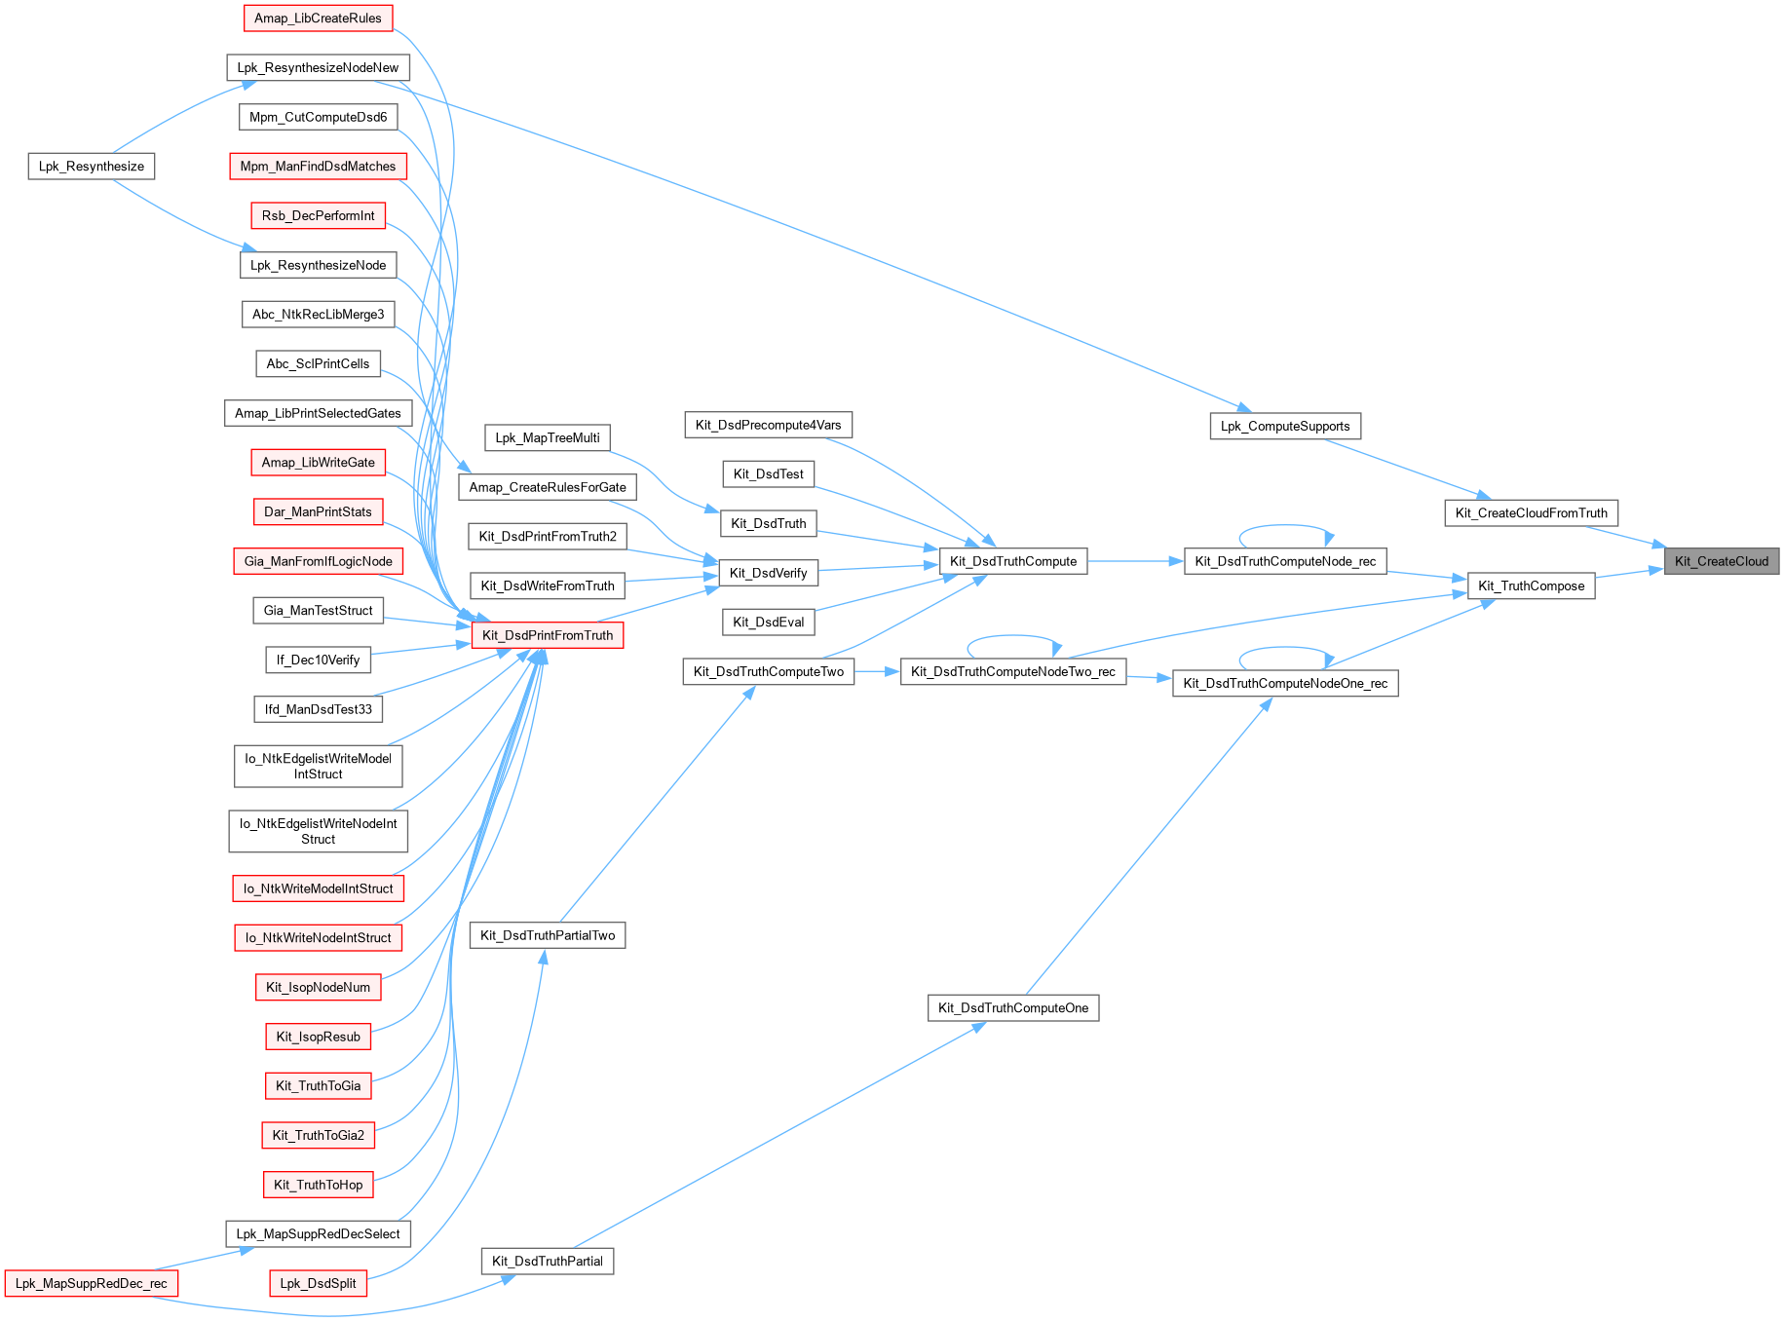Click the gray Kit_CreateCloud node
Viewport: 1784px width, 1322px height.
(x=1721, y=561)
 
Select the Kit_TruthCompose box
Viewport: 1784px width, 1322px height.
(x=1531, y=585)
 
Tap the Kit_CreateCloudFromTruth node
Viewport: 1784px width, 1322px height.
(x=1531, y=513)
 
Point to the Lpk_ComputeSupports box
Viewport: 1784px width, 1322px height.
(x=1284, y=426)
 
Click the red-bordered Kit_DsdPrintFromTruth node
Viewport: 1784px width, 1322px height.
(x=548, y=635)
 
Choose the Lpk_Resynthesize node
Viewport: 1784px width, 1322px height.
(x=91, y=167)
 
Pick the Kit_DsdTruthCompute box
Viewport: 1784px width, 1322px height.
(x=1012, y=561)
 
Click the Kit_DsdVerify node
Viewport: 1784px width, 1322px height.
(x=768, y=573)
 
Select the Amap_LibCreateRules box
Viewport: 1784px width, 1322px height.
(x=318, y=19)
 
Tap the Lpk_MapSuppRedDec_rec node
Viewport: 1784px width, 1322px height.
(x=91, y=1283)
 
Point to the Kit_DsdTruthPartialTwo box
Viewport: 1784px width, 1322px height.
(x=548, y=935)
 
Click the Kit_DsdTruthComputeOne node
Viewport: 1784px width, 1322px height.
(x=1012, y=1008)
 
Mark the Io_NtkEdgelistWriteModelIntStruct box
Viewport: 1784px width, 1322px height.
(x=318, y=766)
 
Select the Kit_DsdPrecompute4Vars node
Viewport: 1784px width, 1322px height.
(x=768, y=425)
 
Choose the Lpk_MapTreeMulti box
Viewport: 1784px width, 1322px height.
(x=548, y=437)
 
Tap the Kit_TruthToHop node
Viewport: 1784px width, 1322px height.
(x=318, y=1185)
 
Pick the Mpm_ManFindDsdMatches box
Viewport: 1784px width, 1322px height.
(x=318, y=167)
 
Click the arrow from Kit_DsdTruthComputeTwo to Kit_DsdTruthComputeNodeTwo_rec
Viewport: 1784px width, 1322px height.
(x=877, y=671)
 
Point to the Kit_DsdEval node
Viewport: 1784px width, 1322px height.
(x=768, y=623)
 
